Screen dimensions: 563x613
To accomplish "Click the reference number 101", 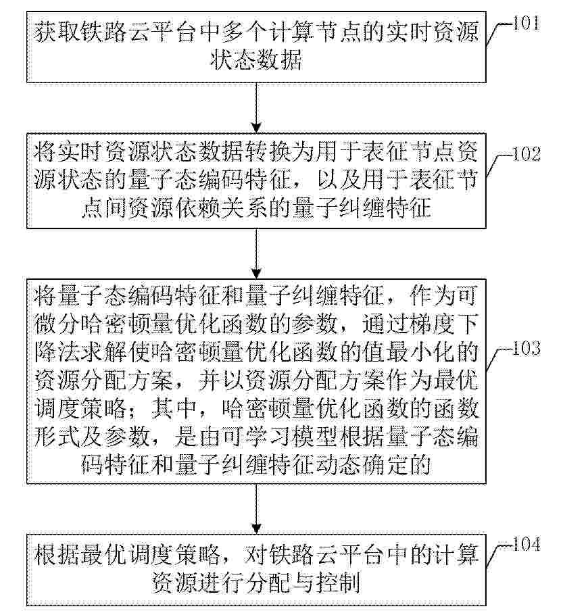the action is [x=526, y=24].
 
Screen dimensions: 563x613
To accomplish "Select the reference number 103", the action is [x=527, y=348].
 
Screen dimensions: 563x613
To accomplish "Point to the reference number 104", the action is [x=527, y=544].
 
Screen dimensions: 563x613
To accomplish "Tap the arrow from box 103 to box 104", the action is [x=256, y=509].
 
